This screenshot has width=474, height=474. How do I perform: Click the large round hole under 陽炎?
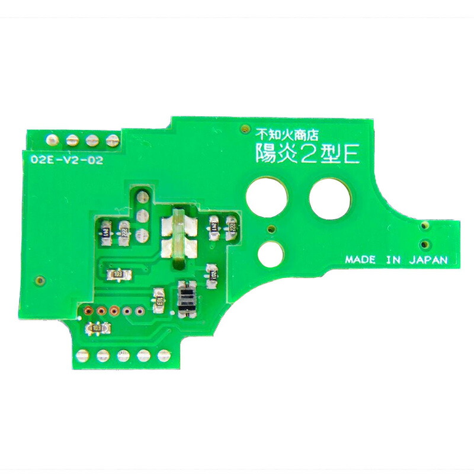268,195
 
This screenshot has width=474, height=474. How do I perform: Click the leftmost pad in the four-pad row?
52,140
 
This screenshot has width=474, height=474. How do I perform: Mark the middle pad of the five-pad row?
123,355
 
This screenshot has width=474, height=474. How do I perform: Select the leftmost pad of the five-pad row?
82,355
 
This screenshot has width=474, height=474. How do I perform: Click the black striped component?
185,299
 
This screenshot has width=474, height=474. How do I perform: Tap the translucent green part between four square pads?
178,235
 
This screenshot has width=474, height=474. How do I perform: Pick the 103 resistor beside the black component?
159,300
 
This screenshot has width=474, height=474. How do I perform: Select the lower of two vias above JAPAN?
424,243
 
